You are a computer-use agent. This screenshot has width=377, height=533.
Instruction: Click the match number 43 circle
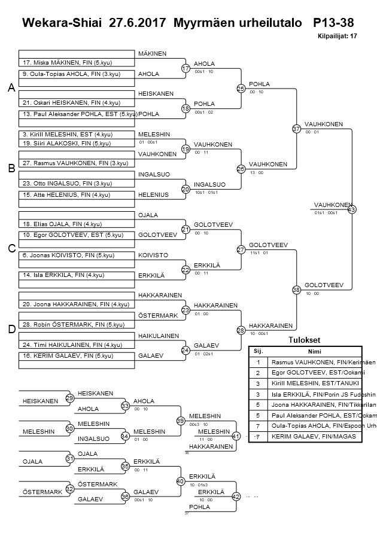pyautogui.click(x=352, y=209)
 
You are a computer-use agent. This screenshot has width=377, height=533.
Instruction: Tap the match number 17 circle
pyautogui.click(x=186, y=69)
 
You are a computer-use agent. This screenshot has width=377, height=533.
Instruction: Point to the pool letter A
pyautogui.click(x=11, y=88)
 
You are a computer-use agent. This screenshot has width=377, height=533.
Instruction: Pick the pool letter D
pyautogui.click(x=11, y=328)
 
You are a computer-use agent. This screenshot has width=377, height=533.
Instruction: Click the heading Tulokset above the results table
pyautogui.click(x=305, y=340)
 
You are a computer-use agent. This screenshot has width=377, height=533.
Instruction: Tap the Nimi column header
pyautogui.click(x=314, y=351)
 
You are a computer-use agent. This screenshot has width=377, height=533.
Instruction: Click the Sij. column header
pyautogui.click(x=258, y=351)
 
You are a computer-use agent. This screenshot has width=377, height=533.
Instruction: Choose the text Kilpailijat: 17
pyautogui.click(x=338, y=36)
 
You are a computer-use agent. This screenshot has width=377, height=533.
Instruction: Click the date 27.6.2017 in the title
pyautogui.click(x=138, y=23)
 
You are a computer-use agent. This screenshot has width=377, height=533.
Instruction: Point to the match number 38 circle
pyautogui.click(x=296, y=290)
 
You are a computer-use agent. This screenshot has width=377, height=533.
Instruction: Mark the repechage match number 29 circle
pyautogui.click(x=70, y=398)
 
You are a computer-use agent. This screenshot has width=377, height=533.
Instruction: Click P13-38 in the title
pyautogui.click(x=333, y=23)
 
